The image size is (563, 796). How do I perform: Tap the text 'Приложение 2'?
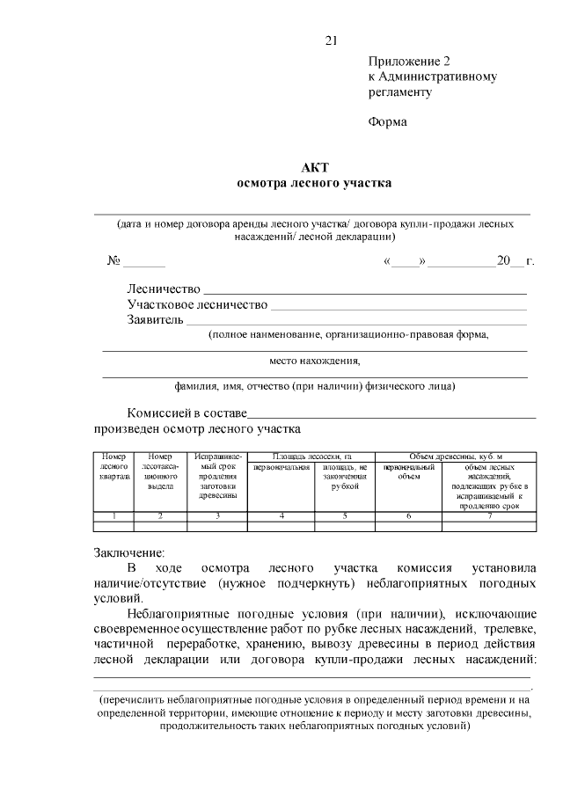click(x=408, y=62)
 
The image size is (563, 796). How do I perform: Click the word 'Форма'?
click(x=387, y=122)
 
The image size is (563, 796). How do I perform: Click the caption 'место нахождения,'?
click(x=314, y=361)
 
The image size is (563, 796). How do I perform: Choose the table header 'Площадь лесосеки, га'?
click(x=311, y=456)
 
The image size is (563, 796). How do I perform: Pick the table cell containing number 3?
click(x=217, y=515)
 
